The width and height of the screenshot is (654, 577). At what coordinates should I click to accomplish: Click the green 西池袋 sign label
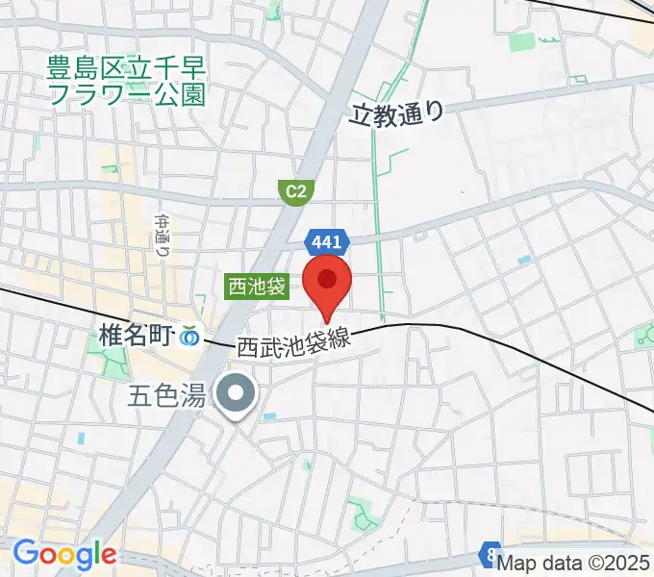(x=257, y=286)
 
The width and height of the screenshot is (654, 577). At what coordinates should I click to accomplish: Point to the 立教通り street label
(x=397, y=114)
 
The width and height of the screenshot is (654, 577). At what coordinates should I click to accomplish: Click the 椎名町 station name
(x=135, y=336)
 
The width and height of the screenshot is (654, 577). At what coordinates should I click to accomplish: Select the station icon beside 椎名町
(x=190, y=337)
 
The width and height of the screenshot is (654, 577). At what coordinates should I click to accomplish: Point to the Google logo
(x=64, y=555)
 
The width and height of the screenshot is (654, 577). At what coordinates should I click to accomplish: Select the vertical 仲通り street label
(x=162, y=234)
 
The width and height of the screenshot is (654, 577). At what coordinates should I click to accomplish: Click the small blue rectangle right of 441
(x=523, y=260)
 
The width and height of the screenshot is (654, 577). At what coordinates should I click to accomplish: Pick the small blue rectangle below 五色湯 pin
(x=268, y=416)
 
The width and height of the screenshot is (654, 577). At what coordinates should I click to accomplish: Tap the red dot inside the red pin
(x=327, y=279)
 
